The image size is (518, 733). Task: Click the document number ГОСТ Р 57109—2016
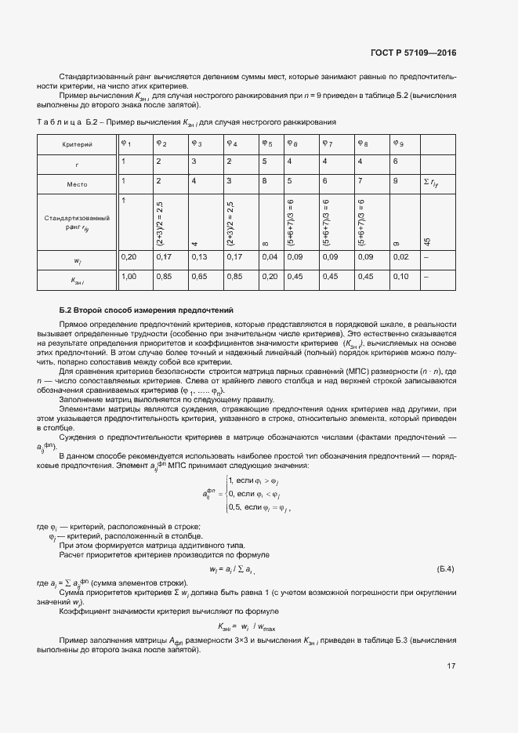[x=413, y=53]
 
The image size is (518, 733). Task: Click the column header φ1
[x=125, y=143]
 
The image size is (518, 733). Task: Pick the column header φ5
[x=268, y=143]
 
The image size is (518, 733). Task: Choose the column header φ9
[x=398, y=143]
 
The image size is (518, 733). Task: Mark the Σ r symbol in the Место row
[x=431, y=183]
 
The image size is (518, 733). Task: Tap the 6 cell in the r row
[x=396, y=161]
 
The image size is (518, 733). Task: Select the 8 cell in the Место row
[x=263, y=181]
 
